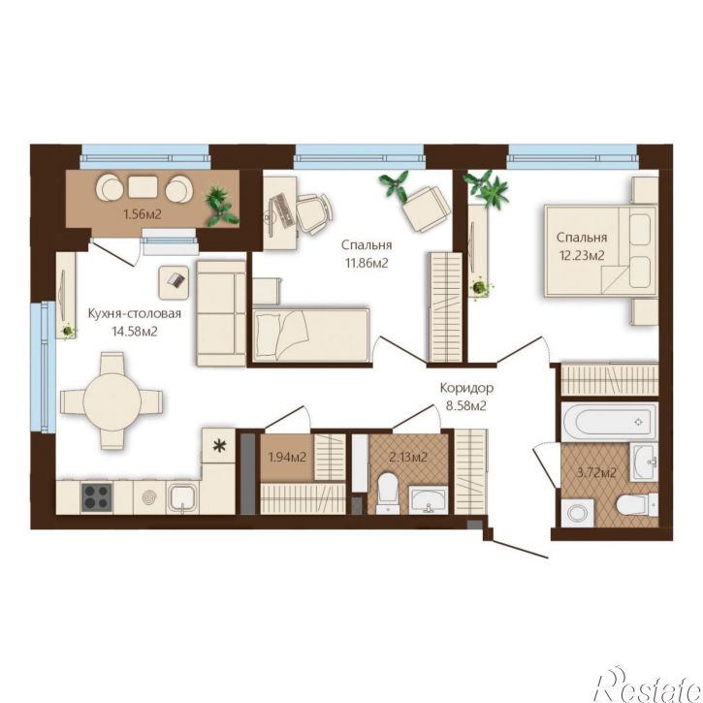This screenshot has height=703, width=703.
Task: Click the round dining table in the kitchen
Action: click(x=112, y=400)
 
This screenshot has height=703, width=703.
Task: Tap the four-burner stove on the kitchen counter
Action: click(x=96, y=497)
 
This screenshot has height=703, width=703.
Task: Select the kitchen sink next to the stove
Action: click(x=182, y=499)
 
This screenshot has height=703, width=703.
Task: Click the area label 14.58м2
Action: click(x=135, y=332)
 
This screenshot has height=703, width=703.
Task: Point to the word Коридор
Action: click(x=466, y=388)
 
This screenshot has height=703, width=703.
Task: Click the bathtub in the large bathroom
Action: click(x=610, y=420)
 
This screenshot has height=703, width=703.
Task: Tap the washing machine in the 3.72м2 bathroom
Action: click(x=578, y=512)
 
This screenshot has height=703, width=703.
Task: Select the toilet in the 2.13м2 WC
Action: click(x=388, y=493)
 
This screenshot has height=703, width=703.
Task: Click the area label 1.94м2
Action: click(x=287, y=458)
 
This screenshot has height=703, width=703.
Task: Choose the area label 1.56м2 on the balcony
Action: click(x=143, y=214)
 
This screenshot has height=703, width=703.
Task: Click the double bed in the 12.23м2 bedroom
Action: click(x=601, y=251)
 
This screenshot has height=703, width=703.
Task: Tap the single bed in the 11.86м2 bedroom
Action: click(x=311, y=335)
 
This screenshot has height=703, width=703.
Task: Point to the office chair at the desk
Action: click(x=314, y=212)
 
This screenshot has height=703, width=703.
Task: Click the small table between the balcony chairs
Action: click(x=143, y=187)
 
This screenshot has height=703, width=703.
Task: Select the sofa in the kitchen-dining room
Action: click(x=221, y=313)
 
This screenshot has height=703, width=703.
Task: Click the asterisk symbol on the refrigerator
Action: click(x=219, y=446)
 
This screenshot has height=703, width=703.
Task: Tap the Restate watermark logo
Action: click(x=648, y=685)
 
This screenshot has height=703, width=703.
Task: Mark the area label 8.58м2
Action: click(x=466, y=406)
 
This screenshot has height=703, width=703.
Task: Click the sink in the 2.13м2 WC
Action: click(x=429, y=499)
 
